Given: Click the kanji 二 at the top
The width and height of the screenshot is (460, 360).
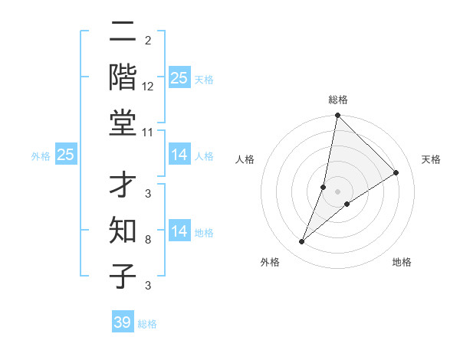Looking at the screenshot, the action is (x=123, y=34).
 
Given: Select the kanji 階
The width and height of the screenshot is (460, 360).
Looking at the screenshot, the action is (x=123, y=77).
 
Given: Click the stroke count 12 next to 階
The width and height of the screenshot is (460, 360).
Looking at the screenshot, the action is (x=148, y=87).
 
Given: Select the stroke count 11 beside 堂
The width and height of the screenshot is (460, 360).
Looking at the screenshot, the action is (x=148, y=133).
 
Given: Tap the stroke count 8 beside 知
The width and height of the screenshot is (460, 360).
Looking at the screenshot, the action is (x=148, y=240).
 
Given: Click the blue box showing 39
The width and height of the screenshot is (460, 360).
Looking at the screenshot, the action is (x=123, y=322).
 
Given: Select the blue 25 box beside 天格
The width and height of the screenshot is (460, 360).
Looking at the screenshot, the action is (x=179, y=78).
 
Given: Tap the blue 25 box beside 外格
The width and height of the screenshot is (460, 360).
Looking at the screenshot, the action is (x=66, y=155).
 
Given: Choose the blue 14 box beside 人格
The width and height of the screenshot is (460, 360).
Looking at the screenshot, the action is (x=179, y=155).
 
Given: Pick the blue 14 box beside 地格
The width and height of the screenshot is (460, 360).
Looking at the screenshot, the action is (x=179, y=231).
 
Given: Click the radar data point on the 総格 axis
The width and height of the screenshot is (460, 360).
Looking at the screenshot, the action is (x=337, y=116).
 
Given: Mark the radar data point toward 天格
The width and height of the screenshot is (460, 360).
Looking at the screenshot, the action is (x=396, y=173).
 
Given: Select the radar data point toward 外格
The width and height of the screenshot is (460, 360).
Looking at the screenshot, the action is (x=302, y=242).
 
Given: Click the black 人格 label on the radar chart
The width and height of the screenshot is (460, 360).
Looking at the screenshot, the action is (x=245, y=159).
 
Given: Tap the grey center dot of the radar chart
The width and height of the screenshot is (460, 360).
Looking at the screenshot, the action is (x=337, y=191).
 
